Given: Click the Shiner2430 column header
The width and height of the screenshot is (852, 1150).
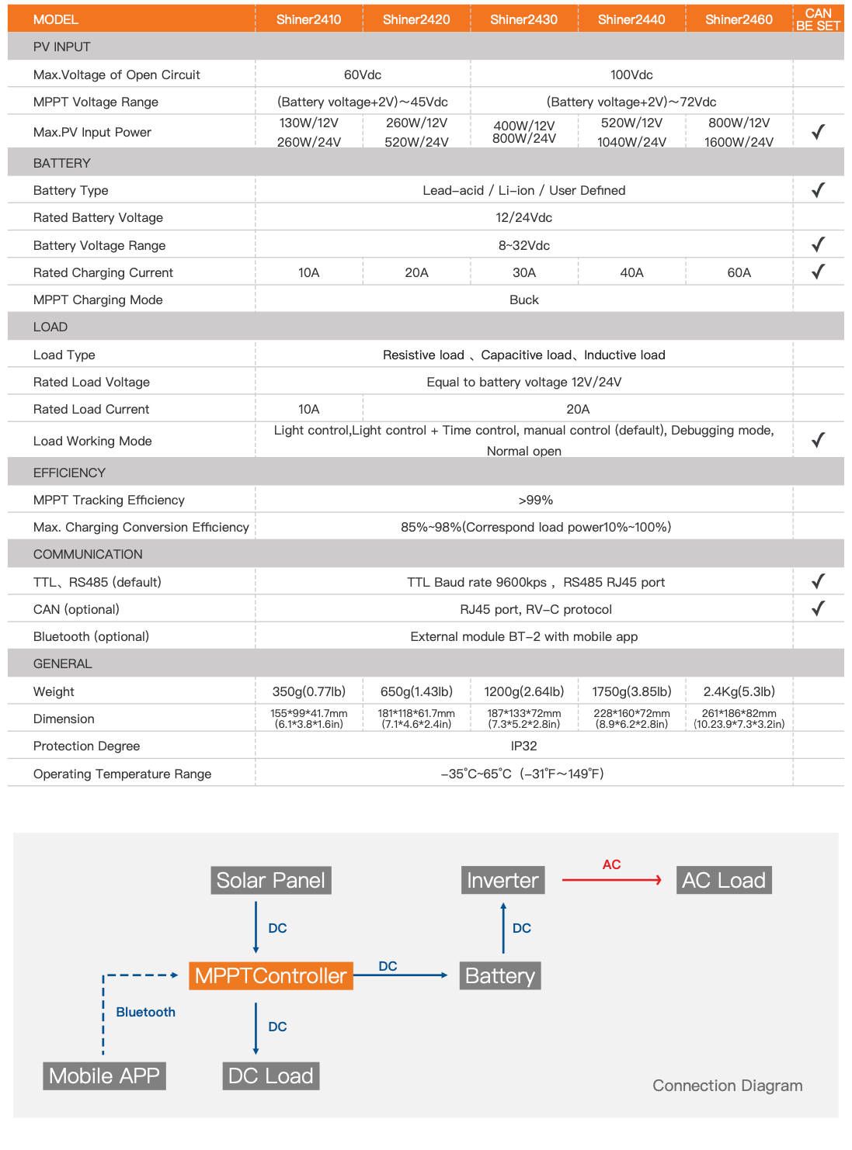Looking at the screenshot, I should click(523, 19).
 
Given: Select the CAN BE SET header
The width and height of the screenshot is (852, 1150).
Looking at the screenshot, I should click(818, 19).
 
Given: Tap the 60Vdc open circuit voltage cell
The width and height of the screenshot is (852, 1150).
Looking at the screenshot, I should click(363, 74).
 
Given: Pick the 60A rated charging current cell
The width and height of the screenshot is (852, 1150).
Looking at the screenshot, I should click(739, 272).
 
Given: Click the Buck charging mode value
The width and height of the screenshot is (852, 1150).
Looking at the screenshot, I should click(523, 300).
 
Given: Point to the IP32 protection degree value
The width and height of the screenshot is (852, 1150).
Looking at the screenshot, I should click(523, 746).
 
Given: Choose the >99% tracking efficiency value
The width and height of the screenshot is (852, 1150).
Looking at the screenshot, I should click(535, 500).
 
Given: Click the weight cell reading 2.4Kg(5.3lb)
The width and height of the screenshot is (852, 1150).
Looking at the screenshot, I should click(739, 691).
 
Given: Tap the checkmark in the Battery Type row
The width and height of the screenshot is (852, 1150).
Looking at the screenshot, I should click(818, 190).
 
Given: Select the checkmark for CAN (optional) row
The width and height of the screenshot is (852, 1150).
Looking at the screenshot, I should click(818, 608).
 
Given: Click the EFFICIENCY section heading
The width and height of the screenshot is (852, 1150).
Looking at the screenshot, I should click(69, 473).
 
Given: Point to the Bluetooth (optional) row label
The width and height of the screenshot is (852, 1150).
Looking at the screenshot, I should click(91, 636).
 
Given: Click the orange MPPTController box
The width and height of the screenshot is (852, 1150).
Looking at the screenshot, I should click(270, 975).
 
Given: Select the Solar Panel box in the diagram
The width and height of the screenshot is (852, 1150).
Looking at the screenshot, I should click(270, 880).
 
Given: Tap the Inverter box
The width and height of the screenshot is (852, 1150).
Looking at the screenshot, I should click(503, 880).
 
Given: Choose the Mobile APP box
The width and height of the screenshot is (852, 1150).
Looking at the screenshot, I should click(104, 1076).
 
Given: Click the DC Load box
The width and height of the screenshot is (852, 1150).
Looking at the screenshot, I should click(270, 1076).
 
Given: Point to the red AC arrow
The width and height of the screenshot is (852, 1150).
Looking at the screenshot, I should click(611, 880).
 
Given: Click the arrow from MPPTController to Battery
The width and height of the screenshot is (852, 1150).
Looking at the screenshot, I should click(401, 975).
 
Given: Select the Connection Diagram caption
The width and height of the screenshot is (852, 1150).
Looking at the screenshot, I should click(727, 1086).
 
